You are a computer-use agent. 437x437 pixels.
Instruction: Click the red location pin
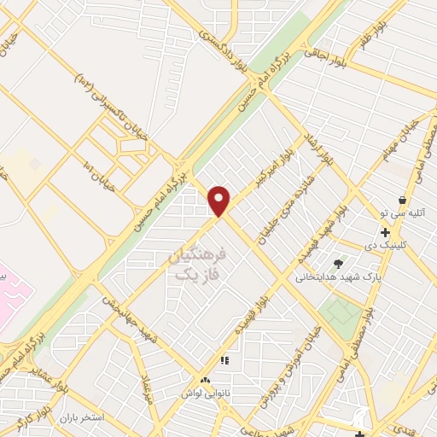click(220, 200)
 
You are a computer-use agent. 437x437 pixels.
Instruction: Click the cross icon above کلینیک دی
click(386, 232)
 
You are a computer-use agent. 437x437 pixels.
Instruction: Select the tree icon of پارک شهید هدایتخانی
click(339, 264)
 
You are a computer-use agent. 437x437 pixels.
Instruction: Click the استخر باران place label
click(81, 418)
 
